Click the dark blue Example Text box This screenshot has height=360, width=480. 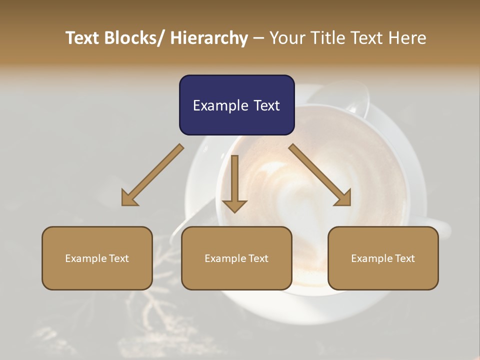point(236,105)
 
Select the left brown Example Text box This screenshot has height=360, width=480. point(97,258)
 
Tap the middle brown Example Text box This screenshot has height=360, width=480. point(236,258)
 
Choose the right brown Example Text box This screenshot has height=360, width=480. point(383,258)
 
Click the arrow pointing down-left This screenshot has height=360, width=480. point(152,175)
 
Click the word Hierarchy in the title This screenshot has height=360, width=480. point(209,38)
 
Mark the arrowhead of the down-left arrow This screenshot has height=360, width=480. point(128,198)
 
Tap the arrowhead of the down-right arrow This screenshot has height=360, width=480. point(343,198)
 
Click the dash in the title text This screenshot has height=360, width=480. point(258,38)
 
